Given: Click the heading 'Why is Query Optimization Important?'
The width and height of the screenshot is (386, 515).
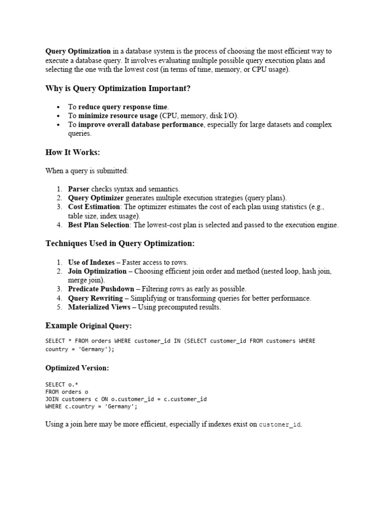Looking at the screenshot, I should tap(118, 89).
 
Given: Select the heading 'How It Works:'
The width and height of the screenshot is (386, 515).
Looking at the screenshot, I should tap(73, 152).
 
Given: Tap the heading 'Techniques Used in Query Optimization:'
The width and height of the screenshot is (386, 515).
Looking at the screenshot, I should tap(120, 243).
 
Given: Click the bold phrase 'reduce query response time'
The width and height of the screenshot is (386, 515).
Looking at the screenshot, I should tap(123, 107).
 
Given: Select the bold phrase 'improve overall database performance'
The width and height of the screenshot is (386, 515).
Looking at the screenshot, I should tap(141, 125).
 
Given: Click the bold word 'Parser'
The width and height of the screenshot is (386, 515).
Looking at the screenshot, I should tap(79, 189).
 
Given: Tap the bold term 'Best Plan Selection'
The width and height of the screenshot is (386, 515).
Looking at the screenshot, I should tap(99, 225).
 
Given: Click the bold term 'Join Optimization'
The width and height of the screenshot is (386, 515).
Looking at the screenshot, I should tap(98, 271).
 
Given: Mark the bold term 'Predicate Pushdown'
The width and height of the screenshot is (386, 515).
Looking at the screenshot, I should tap(101, 289).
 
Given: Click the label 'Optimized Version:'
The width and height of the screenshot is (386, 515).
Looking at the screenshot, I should tap(77, 368).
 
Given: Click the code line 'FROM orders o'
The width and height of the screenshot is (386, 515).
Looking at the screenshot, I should tap(67, 392).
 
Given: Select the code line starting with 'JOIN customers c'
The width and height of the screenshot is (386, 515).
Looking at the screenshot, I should tap(126, 399).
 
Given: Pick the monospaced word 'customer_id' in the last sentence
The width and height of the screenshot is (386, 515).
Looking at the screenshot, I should tap(279, 425).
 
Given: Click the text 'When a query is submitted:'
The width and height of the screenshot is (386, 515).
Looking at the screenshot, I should tap(87, 170).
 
